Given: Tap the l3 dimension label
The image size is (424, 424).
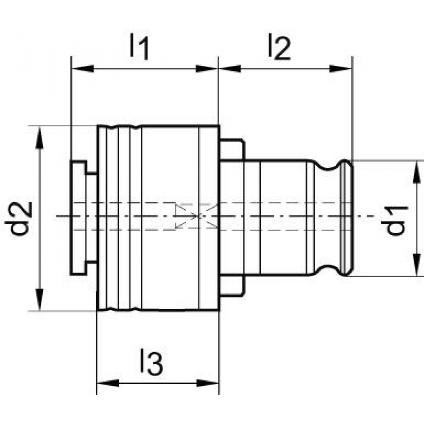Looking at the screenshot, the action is pos(151,362).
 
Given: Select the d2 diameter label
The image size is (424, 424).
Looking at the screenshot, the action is pos(19,219).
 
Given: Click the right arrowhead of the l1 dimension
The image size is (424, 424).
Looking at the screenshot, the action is pos(207,69).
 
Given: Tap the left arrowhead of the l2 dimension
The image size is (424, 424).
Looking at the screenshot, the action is pos(230,69).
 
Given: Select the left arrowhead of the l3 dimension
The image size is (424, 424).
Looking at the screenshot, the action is pos(108,383).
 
